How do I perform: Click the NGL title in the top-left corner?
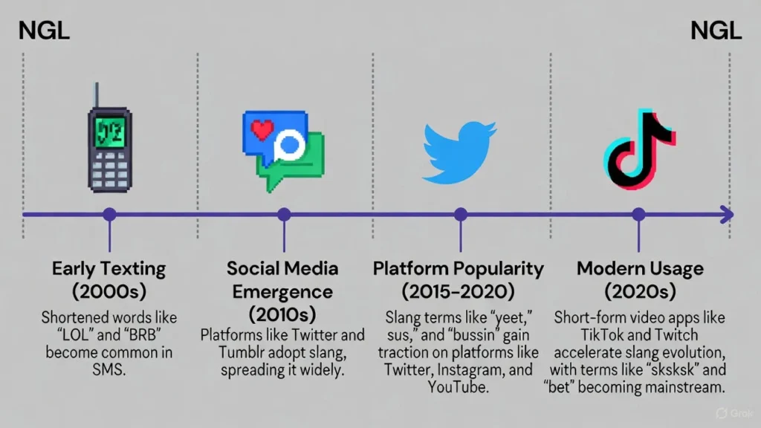click(x=44, y=30)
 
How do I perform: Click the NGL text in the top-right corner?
click(x=716, y=30)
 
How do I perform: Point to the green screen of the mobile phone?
click(x=110, y=132)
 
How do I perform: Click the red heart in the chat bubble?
click(x=262, y=129)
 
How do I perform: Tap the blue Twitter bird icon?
click(x=459, y=152)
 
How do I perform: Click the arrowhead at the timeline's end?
click(x=727, y=215)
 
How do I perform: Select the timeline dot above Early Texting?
click(x=110, y=214)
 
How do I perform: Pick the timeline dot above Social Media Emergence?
click(x=285, y=214)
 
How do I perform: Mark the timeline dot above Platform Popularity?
click(x=461, y=214)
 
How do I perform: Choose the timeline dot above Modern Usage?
click(x=638, y=214)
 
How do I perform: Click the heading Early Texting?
click(x=109, y=269)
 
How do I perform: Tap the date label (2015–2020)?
click(x=458, y=291)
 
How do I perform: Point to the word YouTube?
click(x=458, y=387)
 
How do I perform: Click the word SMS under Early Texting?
click(x=109, y=370)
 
